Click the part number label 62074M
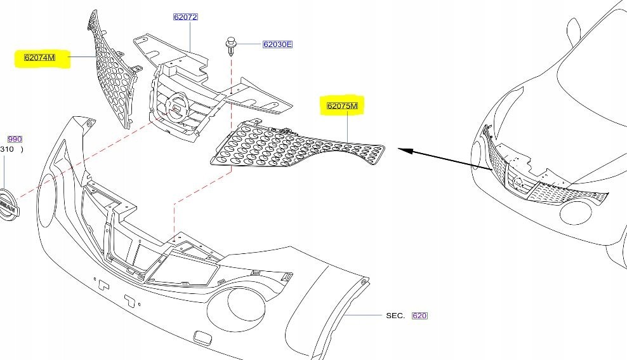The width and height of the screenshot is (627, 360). click(39, 58)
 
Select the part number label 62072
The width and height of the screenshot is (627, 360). click(185, 17)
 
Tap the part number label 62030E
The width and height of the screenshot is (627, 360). click(277, 44)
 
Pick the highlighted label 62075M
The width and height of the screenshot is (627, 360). click(343, 106)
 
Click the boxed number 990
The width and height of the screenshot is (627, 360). click(15, 138)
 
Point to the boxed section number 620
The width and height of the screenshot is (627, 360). click(419, 315)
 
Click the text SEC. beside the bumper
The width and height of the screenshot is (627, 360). click(395, 315)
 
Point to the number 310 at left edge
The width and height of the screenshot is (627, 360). click(7, 150)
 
